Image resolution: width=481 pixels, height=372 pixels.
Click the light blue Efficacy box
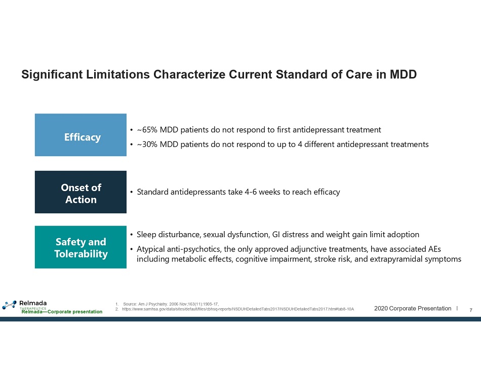click(x=81, y=135)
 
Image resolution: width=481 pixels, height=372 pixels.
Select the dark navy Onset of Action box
click(x=81, y=192)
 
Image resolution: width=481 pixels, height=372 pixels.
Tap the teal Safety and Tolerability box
click(x=81, y=247)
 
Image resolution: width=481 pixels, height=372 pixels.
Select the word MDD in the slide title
click(x=403, y=75)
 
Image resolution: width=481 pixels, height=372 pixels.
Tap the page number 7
click(x=471, y=310)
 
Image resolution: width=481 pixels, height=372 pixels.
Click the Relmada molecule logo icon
click(x=9, y=305)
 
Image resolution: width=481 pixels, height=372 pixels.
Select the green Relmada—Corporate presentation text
click(x=62, y=312)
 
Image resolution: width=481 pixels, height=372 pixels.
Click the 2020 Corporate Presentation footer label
click(x=413, y=309)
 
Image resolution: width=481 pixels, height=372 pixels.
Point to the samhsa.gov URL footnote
click(x=238, y=309)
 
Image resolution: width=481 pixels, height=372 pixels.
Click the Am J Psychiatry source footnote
click(x=171, y=304)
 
